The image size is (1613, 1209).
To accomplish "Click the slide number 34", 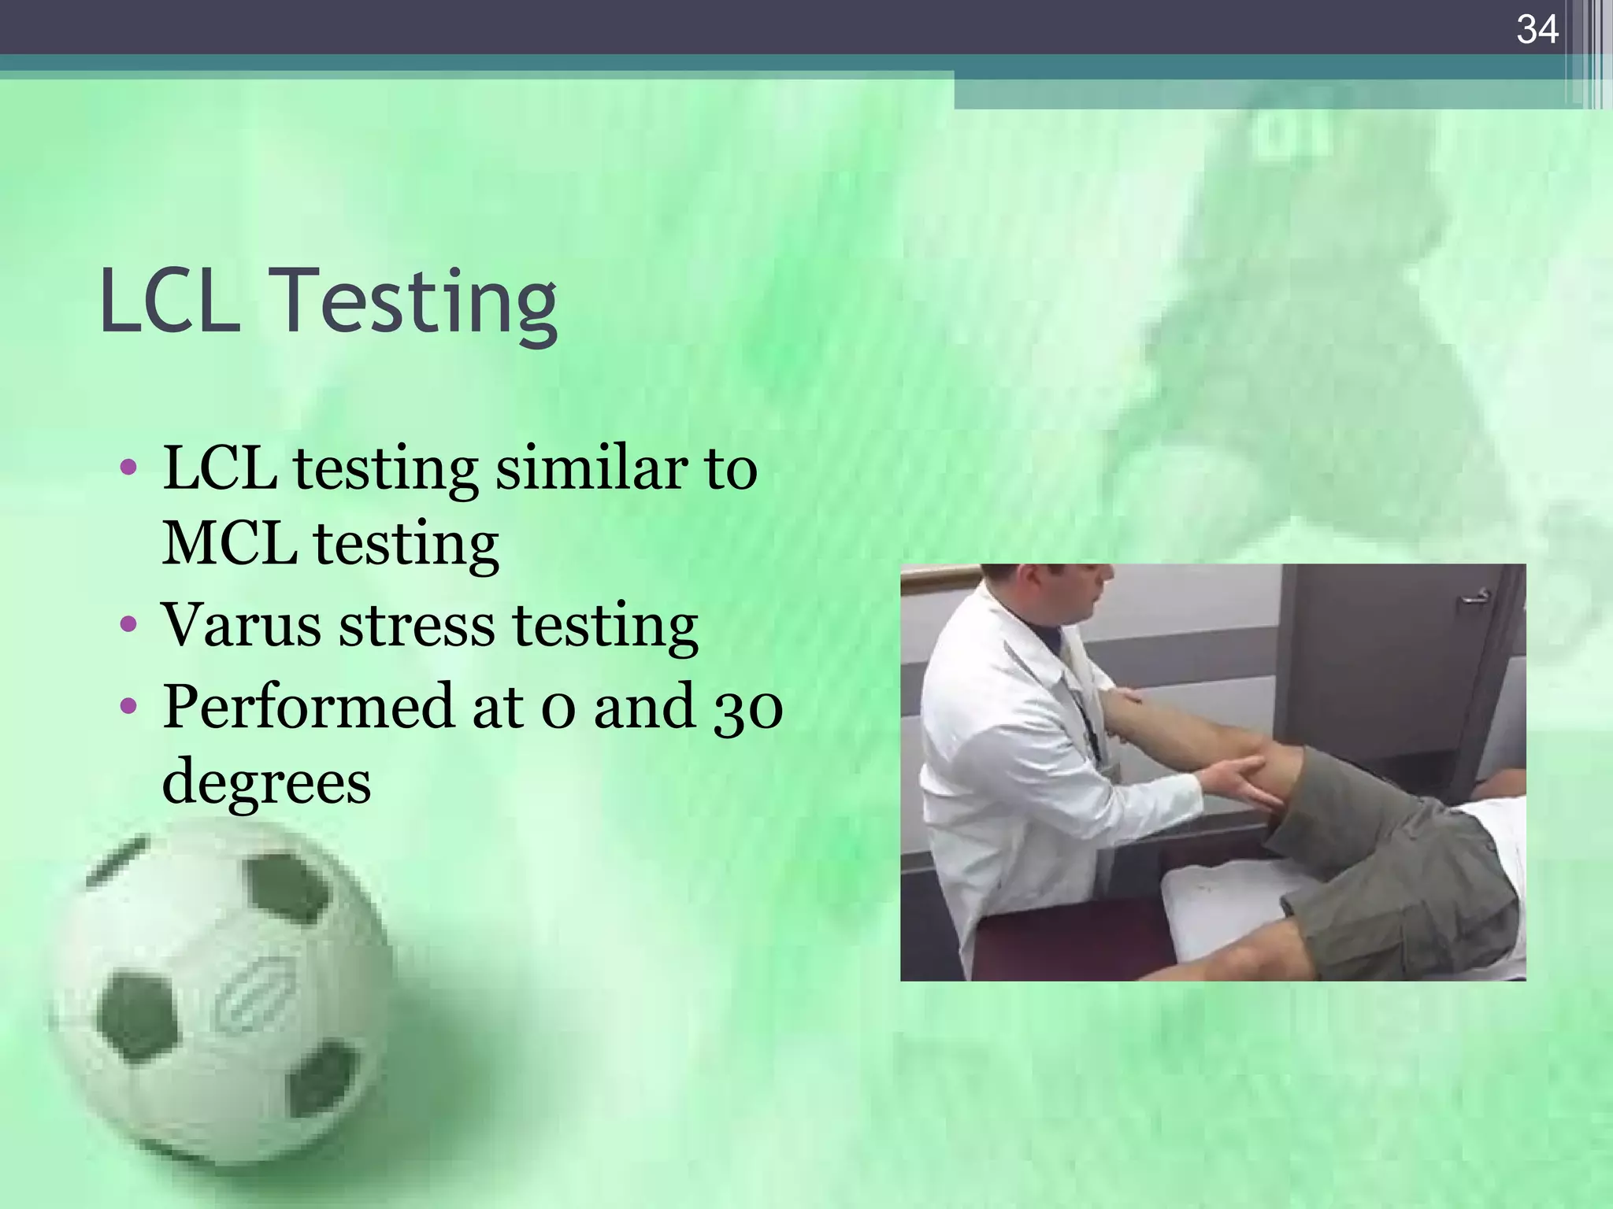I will pos(1537,30).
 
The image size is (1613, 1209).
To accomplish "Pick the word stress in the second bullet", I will pos(417,625).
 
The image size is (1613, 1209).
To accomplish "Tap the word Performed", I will pos(307,706).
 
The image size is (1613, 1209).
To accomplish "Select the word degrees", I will pos(266,781).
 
